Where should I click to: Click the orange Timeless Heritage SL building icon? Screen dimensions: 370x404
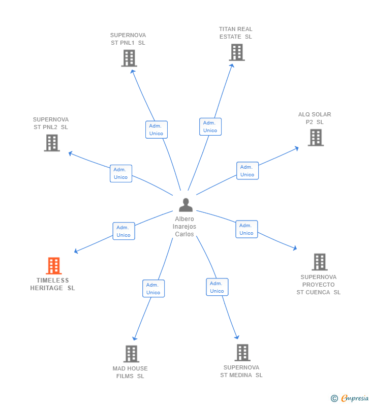[54, 266]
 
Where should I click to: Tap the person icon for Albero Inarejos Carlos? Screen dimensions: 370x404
[186, 205]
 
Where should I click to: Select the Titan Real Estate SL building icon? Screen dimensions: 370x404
[237, 52]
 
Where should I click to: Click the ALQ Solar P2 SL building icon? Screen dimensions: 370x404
[316, 138]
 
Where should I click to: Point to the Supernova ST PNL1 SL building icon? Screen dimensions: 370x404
[129, 58]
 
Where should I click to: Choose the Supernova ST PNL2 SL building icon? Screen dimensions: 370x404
[52, 143]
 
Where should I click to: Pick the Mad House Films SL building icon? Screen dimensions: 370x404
[131, 354]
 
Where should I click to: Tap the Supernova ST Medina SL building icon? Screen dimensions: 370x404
[242, 353]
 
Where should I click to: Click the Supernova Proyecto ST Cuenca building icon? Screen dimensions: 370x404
[320, 262]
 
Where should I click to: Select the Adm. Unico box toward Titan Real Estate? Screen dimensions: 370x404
[210, 127]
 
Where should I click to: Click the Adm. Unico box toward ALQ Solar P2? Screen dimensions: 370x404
[248, 171]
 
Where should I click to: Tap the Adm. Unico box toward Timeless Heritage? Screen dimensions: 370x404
[124, 231]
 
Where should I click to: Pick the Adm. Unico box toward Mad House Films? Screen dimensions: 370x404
[153, 289]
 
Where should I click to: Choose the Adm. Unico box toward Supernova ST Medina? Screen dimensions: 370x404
[217, 287]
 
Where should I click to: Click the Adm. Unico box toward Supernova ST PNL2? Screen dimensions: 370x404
[121, 174]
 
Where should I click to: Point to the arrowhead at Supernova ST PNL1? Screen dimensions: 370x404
[132, 71]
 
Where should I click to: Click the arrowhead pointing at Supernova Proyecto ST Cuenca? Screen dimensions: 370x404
[295, 248]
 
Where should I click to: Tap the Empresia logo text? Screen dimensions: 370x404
[355, 398]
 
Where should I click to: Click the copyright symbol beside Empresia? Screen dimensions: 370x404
[334, 398]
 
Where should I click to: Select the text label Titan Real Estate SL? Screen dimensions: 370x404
[235, 33]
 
